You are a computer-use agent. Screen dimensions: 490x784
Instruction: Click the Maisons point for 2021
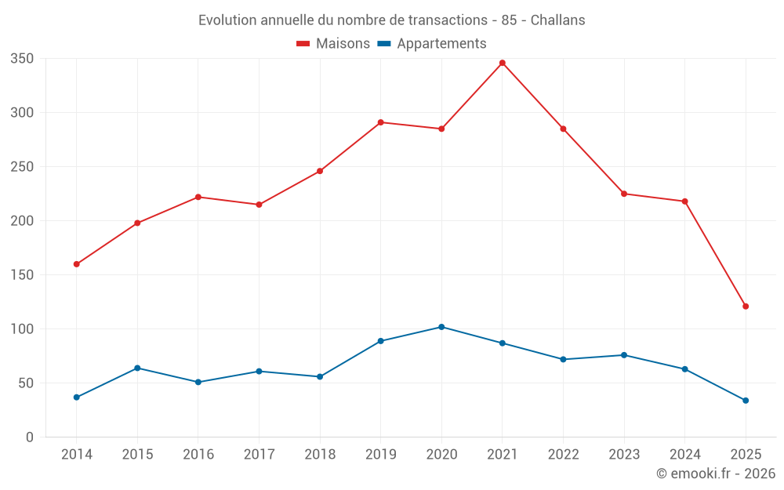[503, 63]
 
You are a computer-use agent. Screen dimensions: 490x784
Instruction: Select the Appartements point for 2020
[441, 327]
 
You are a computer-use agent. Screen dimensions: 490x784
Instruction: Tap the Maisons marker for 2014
[77, 264]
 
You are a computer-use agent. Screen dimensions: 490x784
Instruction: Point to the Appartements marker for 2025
[746, 401]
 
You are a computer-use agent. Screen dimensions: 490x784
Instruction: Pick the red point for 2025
[746, 307]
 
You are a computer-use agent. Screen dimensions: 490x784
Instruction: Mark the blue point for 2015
[137, 368]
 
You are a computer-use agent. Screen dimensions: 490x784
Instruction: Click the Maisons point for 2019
[381, 122]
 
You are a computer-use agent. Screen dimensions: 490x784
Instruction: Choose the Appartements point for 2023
[624, 355]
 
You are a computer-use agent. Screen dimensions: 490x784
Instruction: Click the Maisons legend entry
[333, 44]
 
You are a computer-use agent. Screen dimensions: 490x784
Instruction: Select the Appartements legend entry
[432, 44]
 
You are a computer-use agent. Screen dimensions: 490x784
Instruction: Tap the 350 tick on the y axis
[23, 59]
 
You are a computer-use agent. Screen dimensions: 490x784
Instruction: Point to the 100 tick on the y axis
[23, 329]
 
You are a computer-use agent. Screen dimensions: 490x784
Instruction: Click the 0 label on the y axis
[30, 437]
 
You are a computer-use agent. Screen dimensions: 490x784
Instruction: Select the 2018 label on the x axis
[320, 455]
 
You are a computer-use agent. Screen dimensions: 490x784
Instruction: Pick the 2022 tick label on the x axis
[563, 455]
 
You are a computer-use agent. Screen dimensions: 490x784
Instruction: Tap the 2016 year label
[198, 455]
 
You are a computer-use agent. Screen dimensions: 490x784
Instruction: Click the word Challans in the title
[557, 20]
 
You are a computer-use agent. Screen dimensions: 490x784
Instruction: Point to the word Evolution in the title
[227, 20]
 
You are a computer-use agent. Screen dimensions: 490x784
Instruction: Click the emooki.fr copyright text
[716, 474]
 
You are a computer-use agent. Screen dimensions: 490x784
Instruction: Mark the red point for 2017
[259, 205]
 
